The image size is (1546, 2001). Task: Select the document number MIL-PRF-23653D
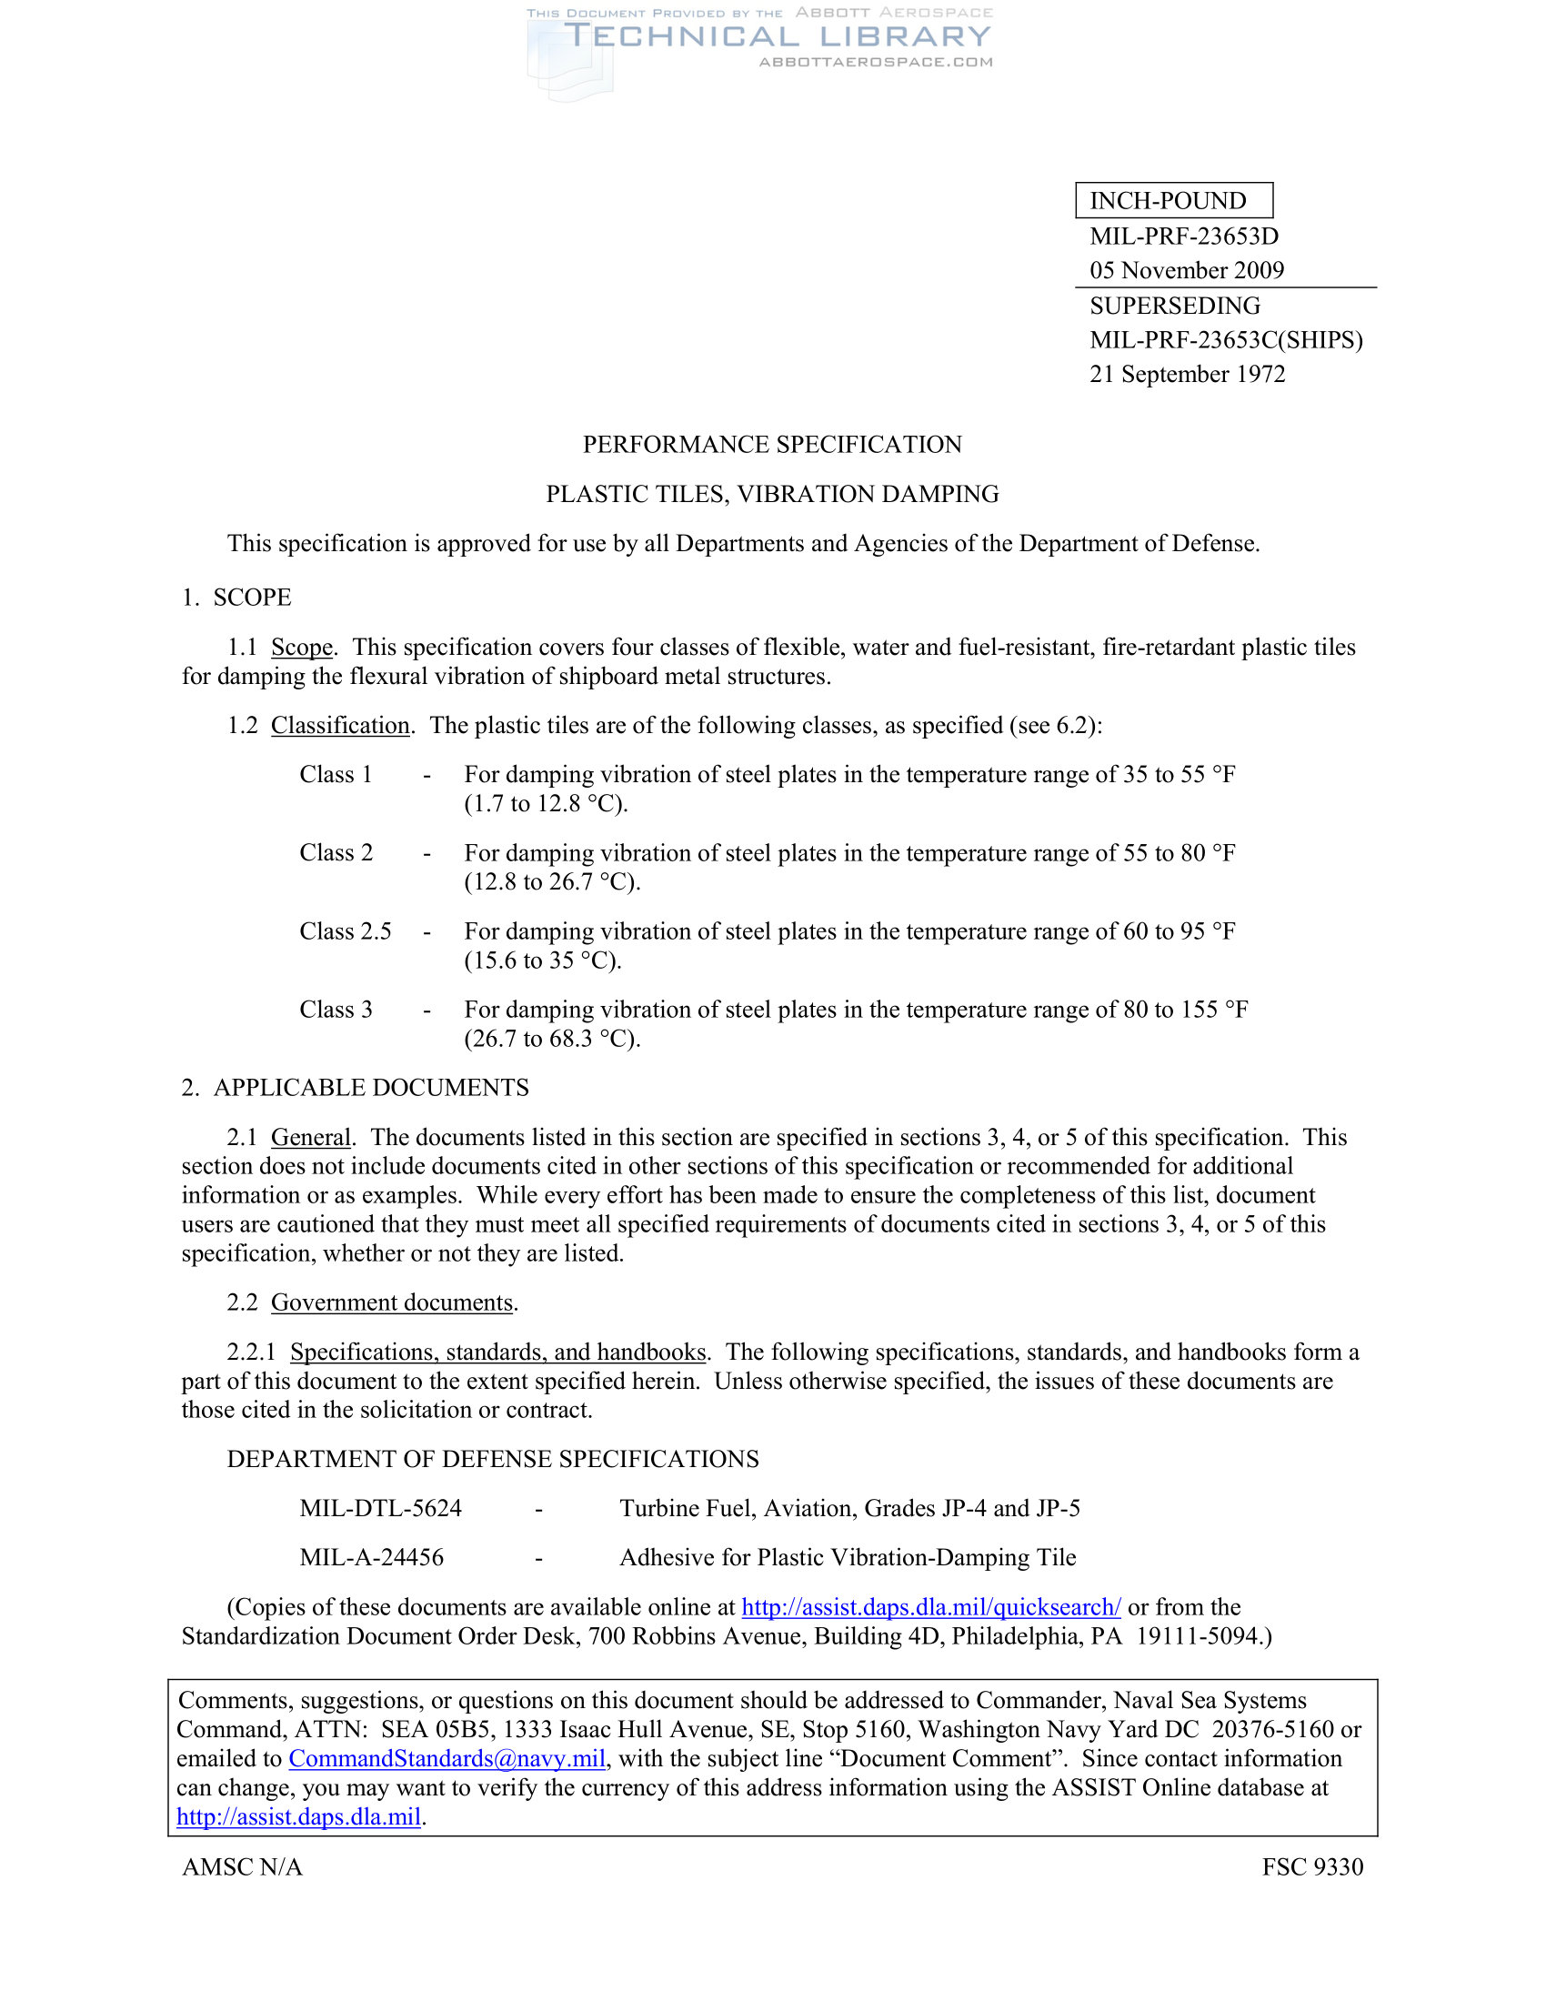(x=1183, y=236)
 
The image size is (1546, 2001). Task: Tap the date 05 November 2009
(x=1186, y=270)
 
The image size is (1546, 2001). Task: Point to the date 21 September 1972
(x=1187, y=374)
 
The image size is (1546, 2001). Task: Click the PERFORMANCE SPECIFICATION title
(x=772, y=445)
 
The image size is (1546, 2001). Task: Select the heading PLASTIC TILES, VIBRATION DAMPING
(x=772, y=494)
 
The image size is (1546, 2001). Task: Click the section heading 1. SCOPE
(x=236, y=598)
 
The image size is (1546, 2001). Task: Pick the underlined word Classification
(x=340, y=726)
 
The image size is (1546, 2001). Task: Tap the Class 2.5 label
(x=346, y=931)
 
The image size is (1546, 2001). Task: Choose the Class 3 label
(x=336, y=1010)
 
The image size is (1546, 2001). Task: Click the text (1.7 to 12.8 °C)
(x=546, y=804)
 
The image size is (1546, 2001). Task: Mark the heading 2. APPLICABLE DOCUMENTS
(x=356, y=1088)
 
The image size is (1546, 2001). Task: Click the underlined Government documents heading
(x=392, y=1302)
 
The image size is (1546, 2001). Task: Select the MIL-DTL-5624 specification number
(x=381, y=1509)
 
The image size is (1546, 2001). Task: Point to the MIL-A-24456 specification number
(x=372, y=1557)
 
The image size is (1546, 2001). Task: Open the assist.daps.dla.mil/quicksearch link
(x=930, y=1607)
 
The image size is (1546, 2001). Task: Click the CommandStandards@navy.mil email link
(x=447, y=1759)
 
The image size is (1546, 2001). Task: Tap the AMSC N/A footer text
(x=243, y=1867)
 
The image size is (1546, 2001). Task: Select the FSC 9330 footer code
(x=1311, y=1867)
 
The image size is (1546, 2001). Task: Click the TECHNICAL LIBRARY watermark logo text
(x=777, y=36)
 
